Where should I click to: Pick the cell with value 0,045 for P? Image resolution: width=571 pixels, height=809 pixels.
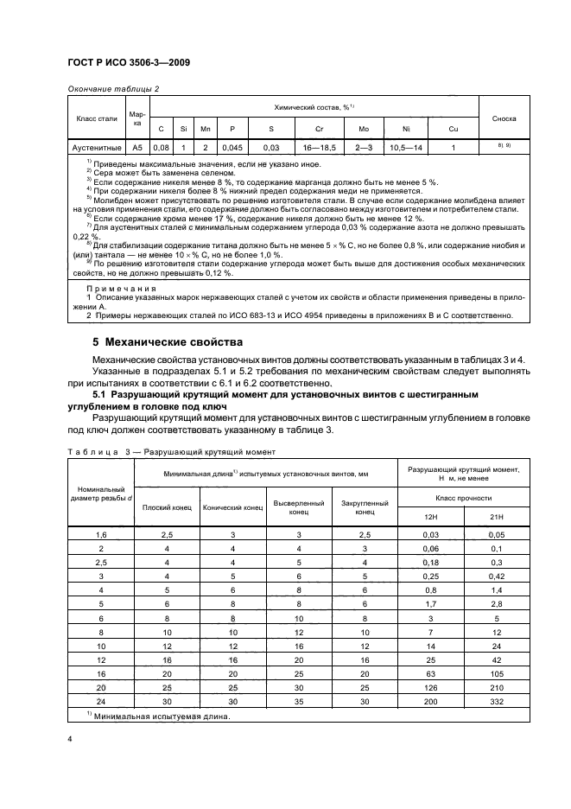pos(232,147)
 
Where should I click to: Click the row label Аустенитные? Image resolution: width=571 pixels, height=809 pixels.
pos(96,147)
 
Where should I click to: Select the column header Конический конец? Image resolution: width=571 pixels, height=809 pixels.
pos(232,506)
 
